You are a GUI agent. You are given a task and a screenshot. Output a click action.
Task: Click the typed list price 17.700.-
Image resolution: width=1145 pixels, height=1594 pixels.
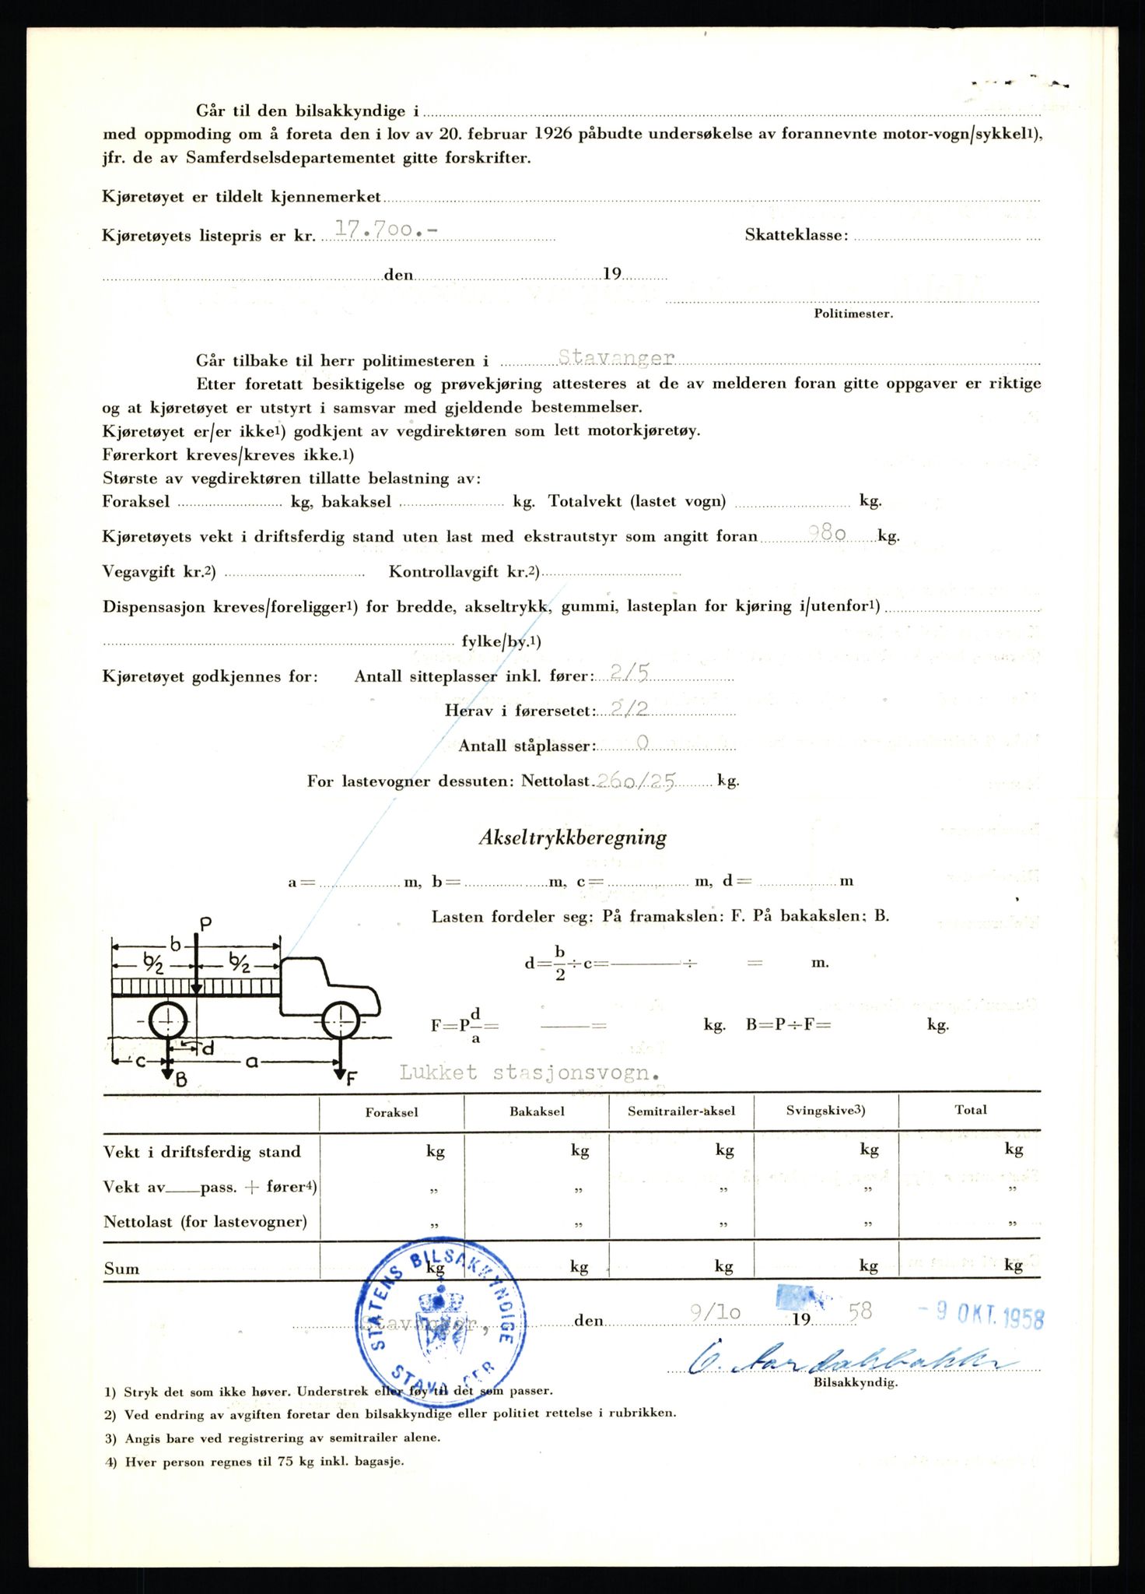tap(385, 229)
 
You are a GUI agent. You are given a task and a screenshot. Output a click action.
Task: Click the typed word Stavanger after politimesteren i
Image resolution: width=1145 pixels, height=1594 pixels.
tap(616, 357)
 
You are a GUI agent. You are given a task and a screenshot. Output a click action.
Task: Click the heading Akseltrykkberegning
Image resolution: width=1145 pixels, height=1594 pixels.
tap(572, 838)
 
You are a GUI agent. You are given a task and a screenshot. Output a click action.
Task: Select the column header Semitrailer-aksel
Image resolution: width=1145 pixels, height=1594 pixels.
tap(681, 1111)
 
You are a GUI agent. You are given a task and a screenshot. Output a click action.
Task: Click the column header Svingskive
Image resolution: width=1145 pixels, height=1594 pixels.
tap(825, 1111)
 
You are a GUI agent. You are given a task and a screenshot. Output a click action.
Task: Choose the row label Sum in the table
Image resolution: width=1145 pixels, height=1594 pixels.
tap(121, 1269)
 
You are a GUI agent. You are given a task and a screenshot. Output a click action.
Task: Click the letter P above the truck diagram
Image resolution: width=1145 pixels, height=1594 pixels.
tap(206, 925)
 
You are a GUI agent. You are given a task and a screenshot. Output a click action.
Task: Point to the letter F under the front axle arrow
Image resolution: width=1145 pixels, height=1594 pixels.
tap(352, 1079)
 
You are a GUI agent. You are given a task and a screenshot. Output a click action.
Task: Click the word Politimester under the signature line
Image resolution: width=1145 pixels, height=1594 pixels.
tap(853, 314)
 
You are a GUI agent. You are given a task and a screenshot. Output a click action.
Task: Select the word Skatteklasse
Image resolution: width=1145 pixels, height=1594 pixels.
tap(796, 235)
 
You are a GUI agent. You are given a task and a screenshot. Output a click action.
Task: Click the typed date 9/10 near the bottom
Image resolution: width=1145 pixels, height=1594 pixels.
tap(715, 1312)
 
